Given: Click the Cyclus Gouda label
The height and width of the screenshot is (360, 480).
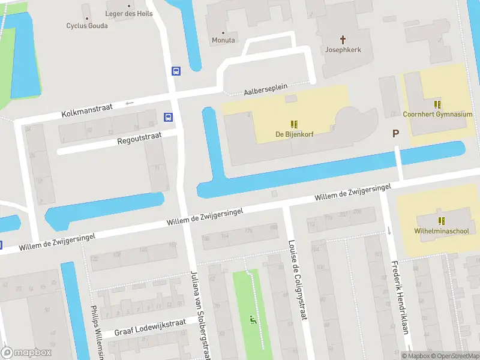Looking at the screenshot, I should pyautogui.click(x=86, y=26).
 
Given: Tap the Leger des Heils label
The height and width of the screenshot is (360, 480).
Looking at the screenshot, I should pyautogui.click(x=129, y=14).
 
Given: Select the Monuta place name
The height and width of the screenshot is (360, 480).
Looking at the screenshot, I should pyautogui.click(x=223, y=40).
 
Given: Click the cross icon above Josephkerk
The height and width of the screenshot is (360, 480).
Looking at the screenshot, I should pyautogui.click(x=344, y=40).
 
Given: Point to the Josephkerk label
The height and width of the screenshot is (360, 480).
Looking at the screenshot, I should pyautogui.click(x=343, y=50).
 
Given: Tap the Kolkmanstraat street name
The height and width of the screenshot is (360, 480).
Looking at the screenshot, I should pyautogui.click(x=87, y=110).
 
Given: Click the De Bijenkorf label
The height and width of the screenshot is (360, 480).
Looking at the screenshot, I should pyautogui.click(x=295, y=134).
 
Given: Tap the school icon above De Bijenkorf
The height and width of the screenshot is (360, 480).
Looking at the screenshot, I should pyautogui.click(x=295, y=124).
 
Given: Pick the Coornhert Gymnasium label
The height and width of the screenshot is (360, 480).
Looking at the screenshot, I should pyautogui.click(x=437, y=114).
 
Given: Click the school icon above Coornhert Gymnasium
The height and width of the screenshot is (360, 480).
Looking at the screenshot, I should pyautogui.click(x=437, y=104).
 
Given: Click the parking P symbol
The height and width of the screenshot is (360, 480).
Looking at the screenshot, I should pyautogui.click(x=395, y=134).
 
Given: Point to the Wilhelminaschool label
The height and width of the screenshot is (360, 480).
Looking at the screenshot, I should pyautogui.click(x=442, y=230).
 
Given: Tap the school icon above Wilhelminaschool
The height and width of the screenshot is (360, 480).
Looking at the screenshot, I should pyautogui.click(x=442, y=221).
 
